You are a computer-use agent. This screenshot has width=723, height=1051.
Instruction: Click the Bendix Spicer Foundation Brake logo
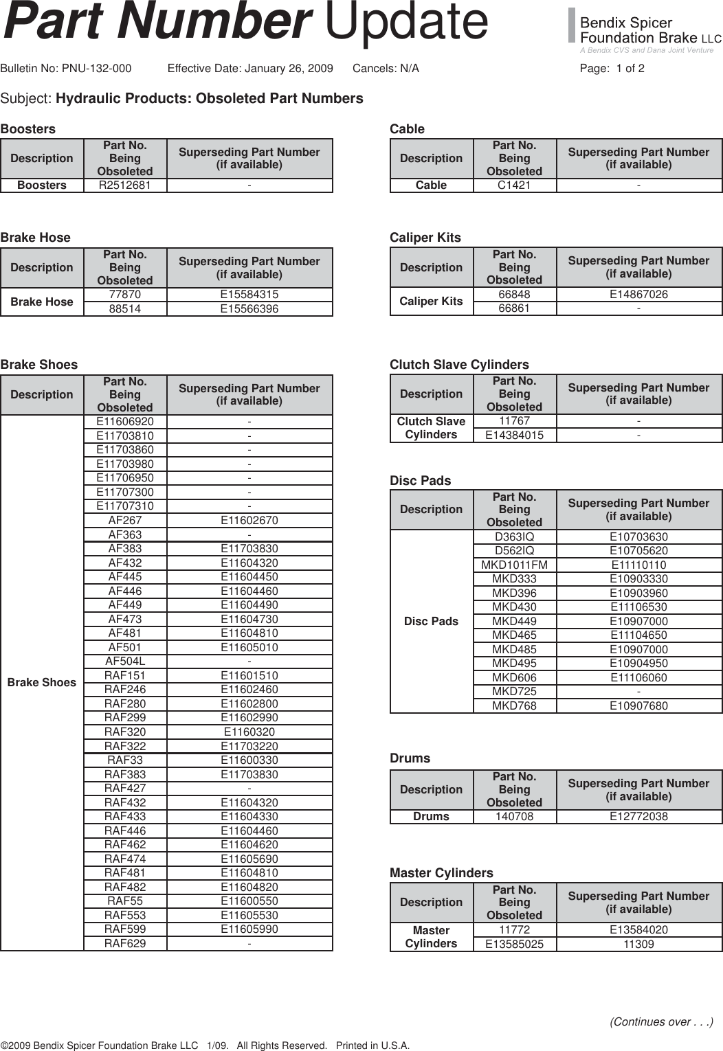645,32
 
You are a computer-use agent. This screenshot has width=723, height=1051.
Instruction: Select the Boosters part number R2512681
124,185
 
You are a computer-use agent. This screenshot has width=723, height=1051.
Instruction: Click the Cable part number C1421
514,185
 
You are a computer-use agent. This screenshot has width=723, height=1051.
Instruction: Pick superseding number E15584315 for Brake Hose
249,295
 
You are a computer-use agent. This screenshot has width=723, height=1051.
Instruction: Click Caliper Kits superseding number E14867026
638,295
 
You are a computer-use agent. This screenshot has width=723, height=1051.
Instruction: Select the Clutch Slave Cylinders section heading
459,365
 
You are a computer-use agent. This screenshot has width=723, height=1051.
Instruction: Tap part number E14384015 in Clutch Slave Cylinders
514,436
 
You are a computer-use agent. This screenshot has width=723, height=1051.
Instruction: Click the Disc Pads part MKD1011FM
514,565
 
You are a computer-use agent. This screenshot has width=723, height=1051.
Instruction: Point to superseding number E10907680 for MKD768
638,706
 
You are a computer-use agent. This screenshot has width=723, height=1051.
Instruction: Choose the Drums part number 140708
514,817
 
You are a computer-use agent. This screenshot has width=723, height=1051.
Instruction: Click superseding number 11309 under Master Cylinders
638,945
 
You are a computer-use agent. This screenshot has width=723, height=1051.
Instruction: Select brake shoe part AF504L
124,662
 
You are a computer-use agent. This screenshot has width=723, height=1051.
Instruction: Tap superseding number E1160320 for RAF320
249,732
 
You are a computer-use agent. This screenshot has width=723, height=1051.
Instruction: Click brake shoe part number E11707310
124,506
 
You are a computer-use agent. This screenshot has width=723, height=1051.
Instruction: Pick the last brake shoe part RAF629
124,944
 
